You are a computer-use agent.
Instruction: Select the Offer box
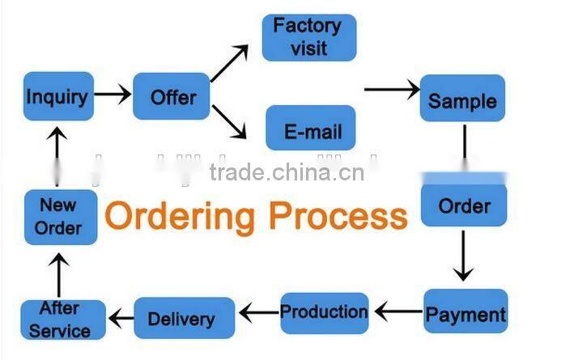point(172,96)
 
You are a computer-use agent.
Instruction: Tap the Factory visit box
point(309,37)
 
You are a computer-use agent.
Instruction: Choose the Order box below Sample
point(464,205)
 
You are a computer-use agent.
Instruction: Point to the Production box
point(324,311)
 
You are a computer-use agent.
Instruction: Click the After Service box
point(62,320)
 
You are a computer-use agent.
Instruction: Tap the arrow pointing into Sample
point(392,88)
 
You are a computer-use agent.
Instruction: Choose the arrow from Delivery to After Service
point(121,318)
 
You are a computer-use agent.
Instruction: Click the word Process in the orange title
point(338,216)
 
